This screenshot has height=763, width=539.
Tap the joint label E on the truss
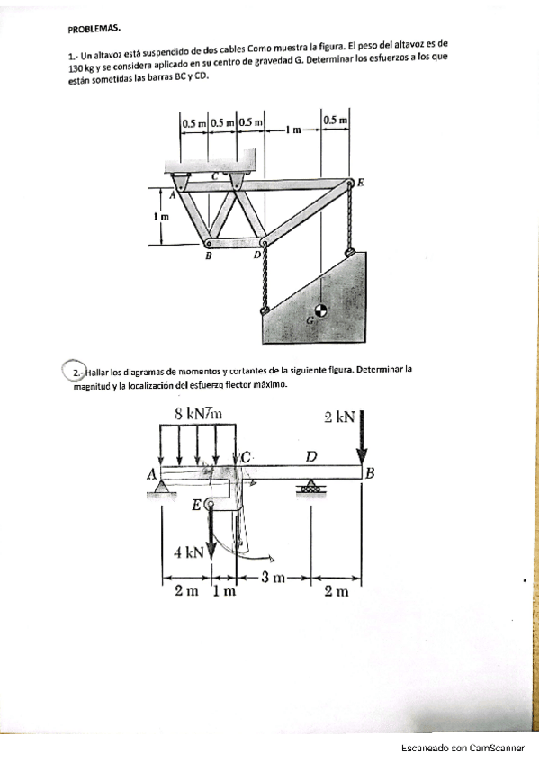(x=361, y=181)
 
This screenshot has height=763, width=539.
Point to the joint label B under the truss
(x=208, y=256)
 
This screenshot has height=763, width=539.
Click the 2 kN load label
(x=339, y=417)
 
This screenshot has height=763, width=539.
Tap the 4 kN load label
(x=190, y=552)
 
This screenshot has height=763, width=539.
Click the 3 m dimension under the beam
(x=273, y=577)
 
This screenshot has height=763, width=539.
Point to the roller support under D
(x=311, y=488)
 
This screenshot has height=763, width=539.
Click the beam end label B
(x=369, y=472)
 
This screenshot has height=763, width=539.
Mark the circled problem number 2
(x=73, y=372)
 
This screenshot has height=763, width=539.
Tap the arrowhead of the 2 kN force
(x=362, y=454)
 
